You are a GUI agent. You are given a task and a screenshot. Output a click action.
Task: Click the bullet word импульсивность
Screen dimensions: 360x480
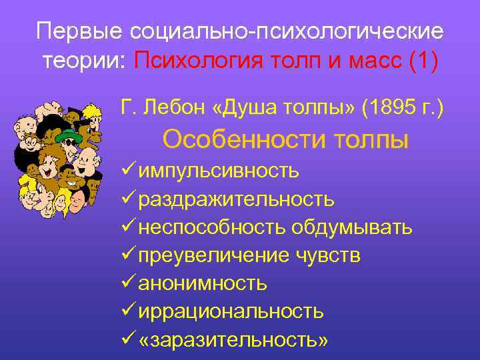(218, 171)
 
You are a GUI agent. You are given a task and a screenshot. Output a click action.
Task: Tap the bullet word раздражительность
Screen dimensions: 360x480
(236, 199)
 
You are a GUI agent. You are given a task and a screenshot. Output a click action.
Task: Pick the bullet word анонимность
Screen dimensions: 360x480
(203, 283)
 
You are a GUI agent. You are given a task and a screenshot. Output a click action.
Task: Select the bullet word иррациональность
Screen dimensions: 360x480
(231, 311)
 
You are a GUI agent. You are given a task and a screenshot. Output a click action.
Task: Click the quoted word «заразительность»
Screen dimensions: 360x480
(233, 339)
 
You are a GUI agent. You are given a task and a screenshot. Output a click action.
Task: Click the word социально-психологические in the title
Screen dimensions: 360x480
(287, 32)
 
